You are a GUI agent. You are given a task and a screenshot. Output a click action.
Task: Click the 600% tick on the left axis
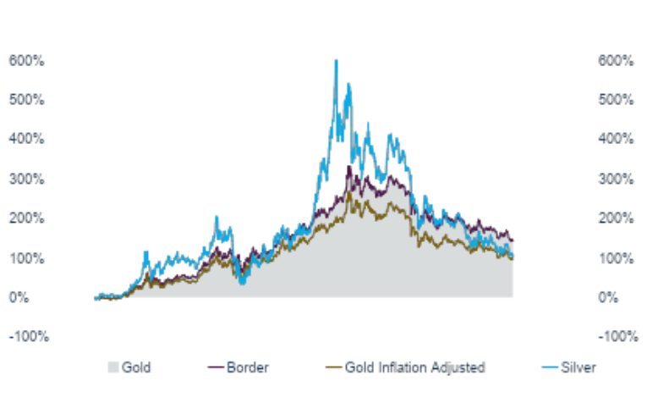click(x=27, y=61)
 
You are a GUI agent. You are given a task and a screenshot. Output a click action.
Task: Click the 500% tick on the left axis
click(x=27, y=100)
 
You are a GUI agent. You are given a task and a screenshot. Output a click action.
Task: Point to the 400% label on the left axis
click(x=27, y=139)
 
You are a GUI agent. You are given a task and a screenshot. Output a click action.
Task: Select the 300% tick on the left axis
click(x=27, y=179)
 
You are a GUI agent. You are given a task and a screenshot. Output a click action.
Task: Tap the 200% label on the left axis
click(x=27, y=218)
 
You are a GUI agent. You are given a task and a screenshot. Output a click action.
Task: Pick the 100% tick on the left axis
click(x=27, y=257)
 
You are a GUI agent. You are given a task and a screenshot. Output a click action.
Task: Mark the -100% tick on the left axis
click(x=29, y=336)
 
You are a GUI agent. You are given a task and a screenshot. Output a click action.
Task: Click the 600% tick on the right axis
click(x=615, y=61)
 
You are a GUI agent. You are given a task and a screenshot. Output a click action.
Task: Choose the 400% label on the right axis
click(x=615, y=139)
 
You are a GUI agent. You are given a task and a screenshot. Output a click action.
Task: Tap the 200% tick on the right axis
click(x=615, y=218)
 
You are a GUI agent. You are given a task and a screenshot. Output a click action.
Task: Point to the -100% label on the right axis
click(x=617, y=336)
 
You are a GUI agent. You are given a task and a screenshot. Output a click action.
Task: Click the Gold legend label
click(x=136, y=367)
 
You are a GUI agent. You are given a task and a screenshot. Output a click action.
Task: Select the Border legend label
click(x=247, y=367)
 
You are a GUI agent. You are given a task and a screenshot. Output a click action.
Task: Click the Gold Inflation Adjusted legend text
click(x=415, y=367)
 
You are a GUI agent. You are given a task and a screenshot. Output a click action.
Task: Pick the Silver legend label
click(x=579, y=367)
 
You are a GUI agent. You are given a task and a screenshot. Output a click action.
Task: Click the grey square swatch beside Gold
click(x=113, y=367)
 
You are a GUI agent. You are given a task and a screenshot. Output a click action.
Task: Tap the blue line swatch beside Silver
click(x=551, y=367)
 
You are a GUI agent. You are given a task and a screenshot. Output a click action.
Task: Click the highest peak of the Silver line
click(x=336, y=60)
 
